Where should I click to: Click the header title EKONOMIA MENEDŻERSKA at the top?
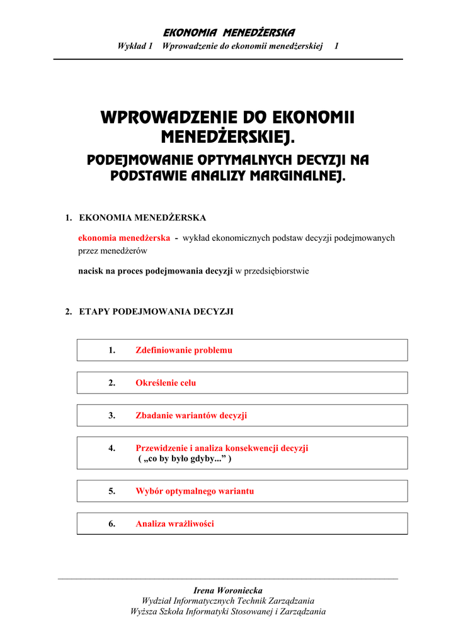(x=229, y=33)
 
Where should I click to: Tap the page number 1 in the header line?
(x=337, y=46)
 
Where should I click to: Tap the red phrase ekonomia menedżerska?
(x=124, y=238)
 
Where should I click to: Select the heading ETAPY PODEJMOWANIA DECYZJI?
(x=156, y=311)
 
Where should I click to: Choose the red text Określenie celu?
(x=166, y=383)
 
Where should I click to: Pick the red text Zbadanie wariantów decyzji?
(x=191, y=416)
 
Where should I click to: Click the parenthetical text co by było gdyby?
(x=185, y=459)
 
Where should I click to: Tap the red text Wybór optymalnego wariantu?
(x=195, y=491)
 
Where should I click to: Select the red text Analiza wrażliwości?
(x=175, y=524)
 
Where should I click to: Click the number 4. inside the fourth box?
(x=111, y=448)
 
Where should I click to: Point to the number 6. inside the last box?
(x=111, y=524)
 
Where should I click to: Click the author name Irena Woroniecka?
(x=228, y=591)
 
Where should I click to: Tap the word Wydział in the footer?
(x=156, y=601)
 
